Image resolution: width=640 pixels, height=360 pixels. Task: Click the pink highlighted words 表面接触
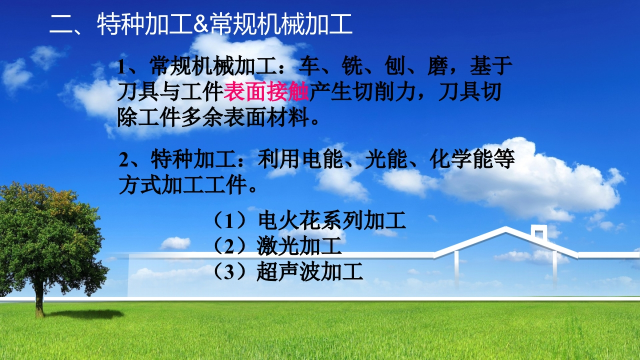point(266,92)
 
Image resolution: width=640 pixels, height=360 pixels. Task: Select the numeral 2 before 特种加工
point(123,159)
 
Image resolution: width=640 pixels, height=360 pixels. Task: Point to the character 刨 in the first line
point(395,66)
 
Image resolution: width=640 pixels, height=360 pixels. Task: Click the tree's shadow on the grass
point(85,314)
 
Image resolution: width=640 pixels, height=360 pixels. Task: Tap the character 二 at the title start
point(61,24)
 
